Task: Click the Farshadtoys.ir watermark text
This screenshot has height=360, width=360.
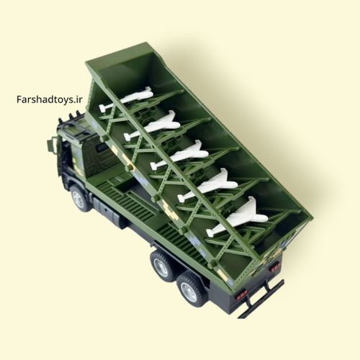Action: [x=50, y=99]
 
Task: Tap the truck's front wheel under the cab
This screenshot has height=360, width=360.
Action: [x=80, y=198]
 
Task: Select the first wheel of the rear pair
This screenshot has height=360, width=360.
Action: [x=163, y=266]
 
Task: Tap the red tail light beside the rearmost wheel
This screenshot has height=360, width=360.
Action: [x=242, y=294]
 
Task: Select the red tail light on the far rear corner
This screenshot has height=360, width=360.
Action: [x=275, y=267]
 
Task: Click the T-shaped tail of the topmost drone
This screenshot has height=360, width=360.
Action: [x=103, y=108]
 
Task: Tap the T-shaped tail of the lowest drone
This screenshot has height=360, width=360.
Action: [x=210, y=233]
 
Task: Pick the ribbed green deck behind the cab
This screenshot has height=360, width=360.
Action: [x=135, y=207]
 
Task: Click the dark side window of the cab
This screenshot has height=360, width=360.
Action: [x=103, y=148]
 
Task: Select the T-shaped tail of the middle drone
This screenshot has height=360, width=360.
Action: [x=154, y=166]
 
